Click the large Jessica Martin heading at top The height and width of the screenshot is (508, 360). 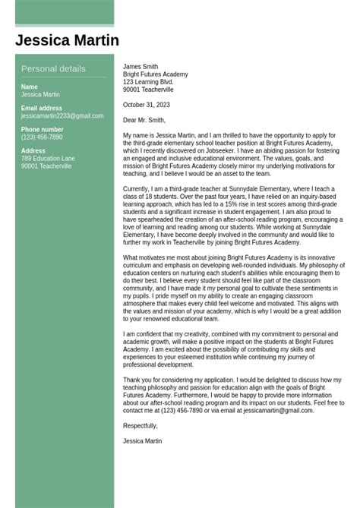click(67, 40)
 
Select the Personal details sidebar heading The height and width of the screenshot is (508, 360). click(53, 68)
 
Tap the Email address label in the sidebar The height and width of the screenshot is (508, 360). click(42, 108)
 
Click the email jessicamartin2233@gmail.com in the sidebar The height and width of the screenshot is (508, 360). click(62, 116)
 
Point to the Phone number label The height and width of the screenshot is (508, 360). click(42, 130)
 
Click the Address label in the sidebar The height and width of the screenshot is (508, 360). click(33, 151)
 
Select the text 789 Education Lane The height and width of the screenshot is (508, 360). click(48, 159)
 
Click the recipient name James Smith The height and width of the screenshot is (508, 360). click(141, 67)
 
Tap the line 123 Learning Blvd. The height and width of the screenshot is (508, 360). click(148, 82)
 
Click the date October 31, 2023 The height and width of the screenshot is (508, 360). click(147, 105)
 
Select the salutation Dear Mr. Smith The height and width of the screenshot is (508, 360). click(144, 120)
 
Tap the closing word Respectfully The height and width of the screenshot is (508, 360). click(141, 426)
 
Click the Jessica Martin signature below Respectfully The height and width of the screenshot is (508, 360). click(142, 441)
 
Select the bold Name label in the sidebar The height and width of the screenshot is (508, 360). click(29, 87)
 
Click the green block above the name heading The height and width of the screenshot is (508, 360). click(65, 12)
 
